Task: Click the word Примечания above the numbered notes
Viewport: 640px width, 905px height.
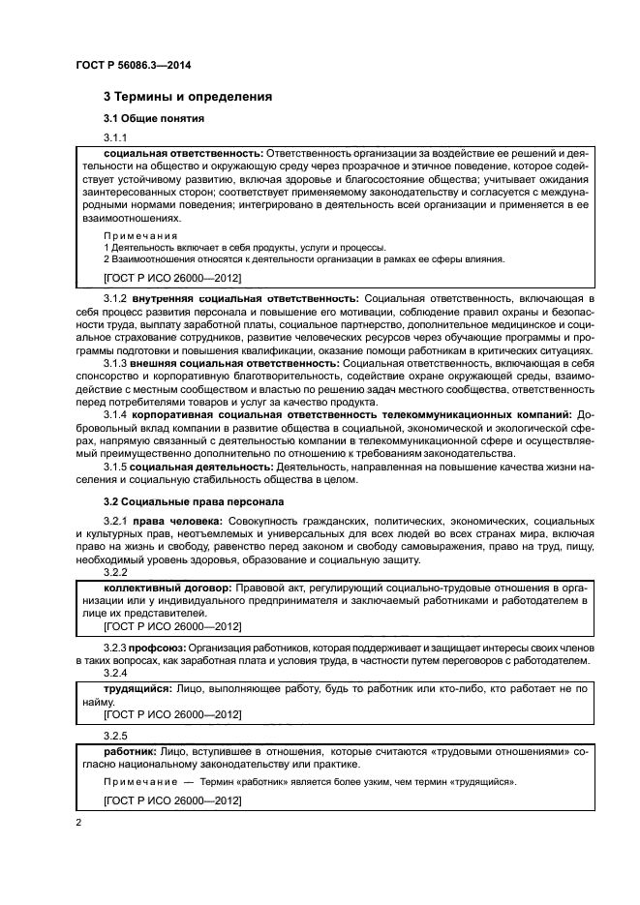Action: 140,235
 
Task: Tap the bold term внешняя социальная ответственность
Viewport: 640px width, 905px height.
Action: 236,361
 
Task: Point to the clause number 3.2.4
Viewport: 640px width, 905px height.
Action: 114,672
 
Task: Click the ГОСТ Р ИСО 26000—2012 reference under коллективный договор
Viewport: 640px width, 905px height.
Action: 171,626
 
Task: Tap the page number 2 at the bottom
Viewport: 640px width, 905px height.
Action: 79,823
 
